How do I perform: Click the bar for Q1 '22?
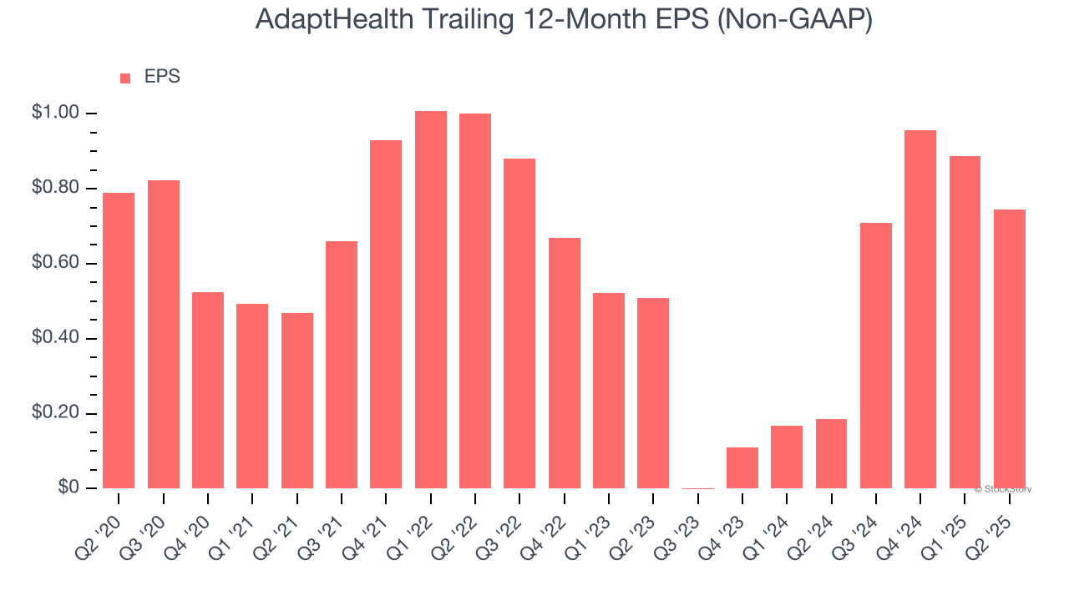431,300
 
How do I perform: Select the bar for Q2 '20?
119,341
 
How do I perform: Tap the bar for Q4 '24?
920,309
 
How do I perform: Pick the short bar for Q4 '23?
742,467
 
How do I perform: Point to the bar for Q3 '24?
876,356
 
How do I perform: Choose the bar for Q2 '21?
297,401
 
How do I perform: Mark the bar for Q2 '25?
1010,349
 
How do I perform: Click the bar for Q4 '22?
565,363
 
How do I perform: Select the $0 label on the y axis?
68,487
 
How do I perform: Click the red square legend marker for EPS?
125,78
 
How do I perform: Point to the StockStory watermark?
1003,489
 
